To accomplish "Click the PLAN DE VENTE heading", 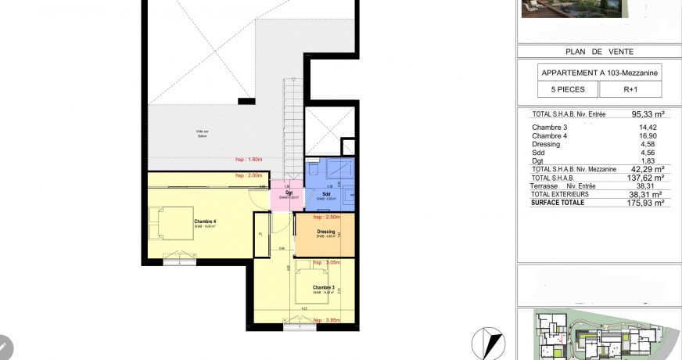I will tap(598, 52).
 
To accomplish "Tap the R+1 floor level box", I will tap(629, 90).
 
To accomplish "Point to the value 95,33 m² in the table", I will tap(647, 113).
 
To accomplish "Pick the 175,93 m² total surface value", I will tap(647, 202).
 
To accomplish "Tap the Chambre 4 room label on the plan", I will tap(205, 221).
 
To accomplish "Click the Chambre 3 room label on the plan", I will tap(323, 288).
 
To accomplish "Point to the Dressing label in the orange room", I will tap(326, 232).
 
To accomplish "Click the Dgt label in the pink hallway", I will tap(289, 193).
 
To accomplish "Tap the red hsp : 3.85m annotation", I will tap(328, 321).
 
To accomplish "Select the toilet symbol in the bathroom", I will tap(313, 167).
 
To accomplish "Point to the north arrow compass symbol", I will tap(487, 342).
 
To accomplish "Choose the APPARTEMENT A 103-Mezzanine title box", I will tap(598, 73).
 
